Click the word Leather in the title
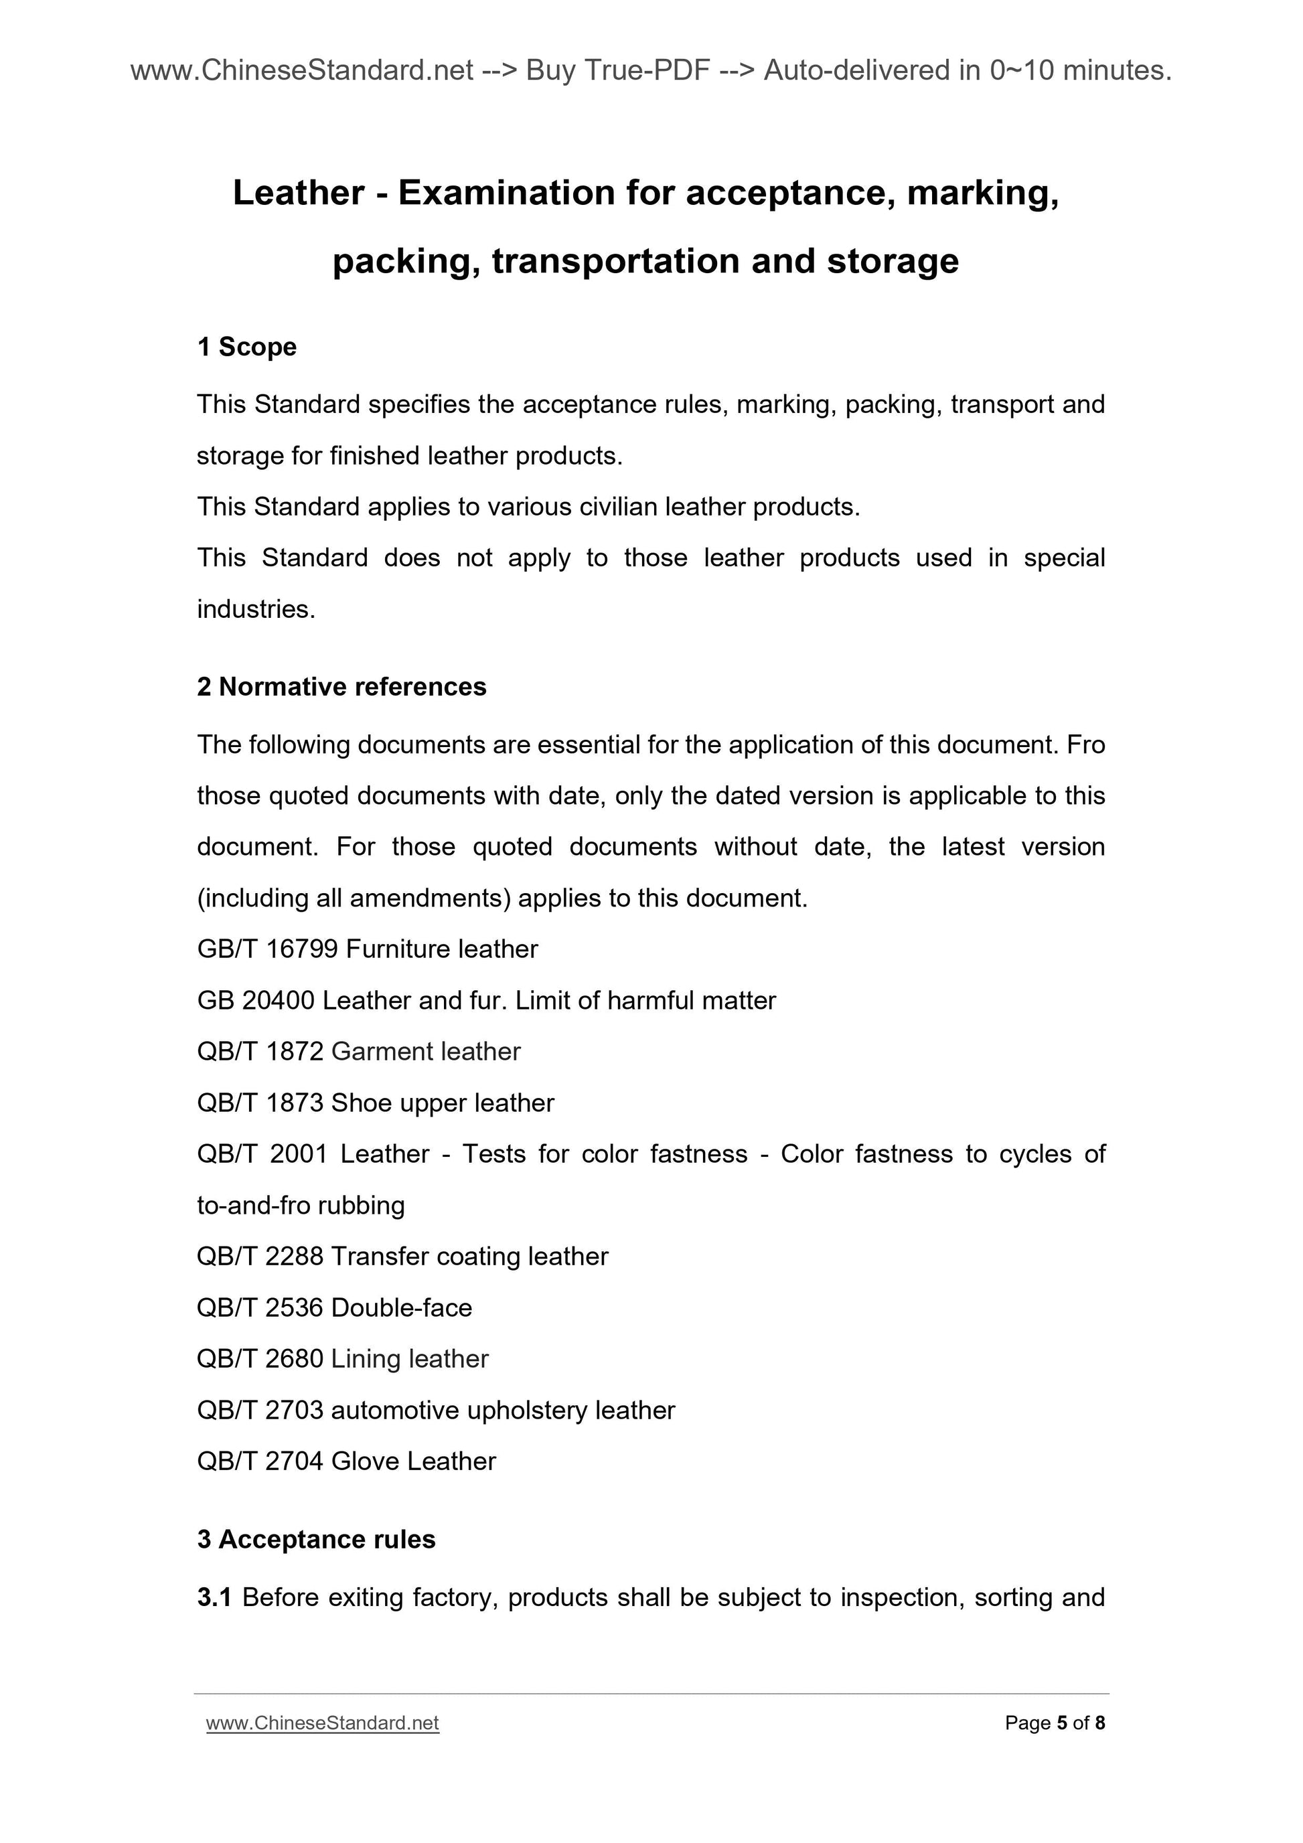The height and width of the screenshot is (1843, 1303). pos(299,193)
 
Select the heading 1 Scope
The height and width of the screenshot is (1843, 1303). pos(246,347)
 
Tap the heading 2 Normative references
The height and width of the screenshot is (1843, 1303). pos(341,687)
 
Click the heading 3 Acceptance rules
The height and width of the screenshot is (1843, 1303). pos(316,1540)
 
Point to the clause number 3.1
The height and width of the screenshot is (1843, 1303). pos(214,1597)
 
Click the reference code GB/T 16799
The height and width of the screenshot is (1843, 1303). pos(267,949)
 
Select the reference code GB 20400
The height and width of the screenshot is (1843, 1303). pos(255,1000)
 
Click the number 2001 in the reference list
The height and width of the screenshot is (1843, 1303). pos(299,1153)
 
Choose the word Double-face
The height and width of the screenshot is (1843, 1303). pos(402,1307)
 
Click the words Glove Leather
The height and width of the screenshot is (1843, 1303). pos(413,1461)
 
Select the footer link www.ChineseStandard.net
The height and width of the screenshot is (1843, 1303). pos(322,1723)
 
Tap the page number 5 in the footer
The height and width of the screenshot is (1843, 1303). pos(1062,1723)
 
